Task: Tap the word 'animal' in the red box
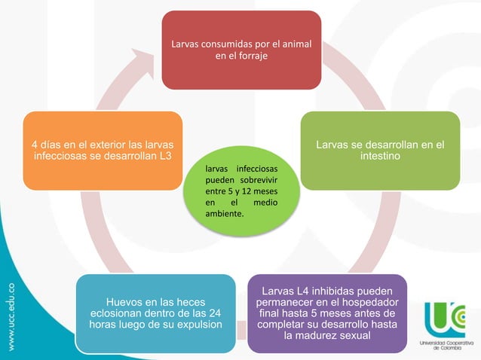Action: pyautogui.click(x=296, y=44)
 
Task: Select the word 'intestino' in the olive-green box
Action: pyautogui.click(x=380, y=156)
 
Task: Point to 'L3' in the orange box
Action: pyautogui.click(x=165, y=156)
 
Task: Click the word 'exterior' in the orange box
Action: pyautogui.click(x=108, y=145)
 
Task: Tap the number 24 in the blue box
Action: pyautogui.click(x=215, y=313)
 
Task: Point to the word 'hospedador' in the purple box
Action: pyautogui.click(x=370, y=302)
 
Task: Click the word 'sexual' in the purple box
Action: pyautogui.click(x=356, y=335)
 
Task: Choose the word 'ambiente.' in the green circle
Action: pyautogui.click(x=225, y=214)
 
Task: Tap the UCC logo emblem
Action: pyautogui.click(x=445, y=319)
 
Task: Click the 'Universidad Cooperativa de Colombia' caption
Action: pyautogui.click(x=446, y=345)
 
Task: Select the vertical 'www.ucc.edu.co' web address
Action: pyautogui.click(x=11, y=317)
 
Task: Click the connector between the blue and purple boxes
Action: pyautogui.click(x=241, y=331)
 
